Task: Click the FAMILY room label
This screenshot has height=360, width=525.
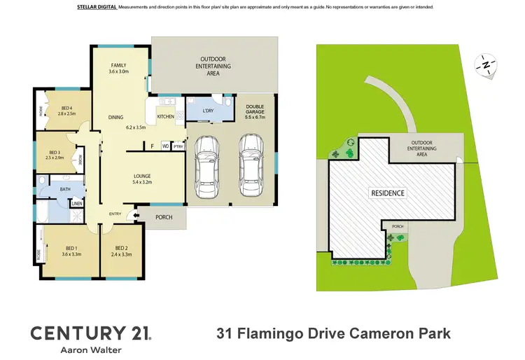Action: pyautogui.click(x=118, y=64)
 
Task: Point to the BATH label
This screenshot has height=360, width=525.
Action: pyautogui.click(x=65, y=188)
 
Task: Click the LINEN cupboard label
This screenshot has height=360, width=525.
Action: pyautogui.click(x=76, y=204)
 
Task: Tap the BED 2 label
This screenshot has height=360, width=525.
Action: pyautogui.click(x=121, y=247)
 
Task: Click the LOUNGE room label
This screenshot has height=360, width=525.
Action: pyautogui.click(x=143, y=176)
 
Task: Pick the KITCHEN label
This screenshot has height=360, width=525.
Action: pyautogui.click(x=165, y=116)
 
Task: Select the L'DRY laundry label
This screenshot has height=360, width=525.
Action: pyautogui.click(x=207, y=111)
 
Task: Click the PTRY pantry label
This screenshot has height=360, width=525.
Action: pyautogui.click(x=177, y=146)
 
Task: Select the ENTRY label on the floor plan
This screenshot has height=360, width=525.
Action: pyautogui.click(x=115, y=214)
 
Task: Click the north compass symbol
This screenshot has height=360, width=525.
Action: pyautogui.click(x=484, y=64)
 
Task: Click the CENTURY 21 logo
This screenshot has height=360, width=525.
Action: pyautogui.click(x=90, y=332)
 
